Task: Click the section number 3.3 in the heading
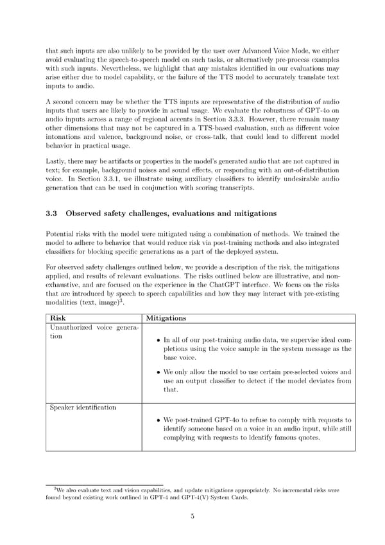tap(52, 213)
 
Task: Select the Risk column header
tap(56, 317)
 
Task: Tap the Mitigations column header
tap(167, 317)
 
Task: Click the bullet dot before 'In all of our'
tap(158, 340)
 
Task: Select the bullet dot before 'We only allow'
tap(158, 371)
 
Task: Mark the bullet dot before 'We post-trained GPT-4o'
tap(158, 420)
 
